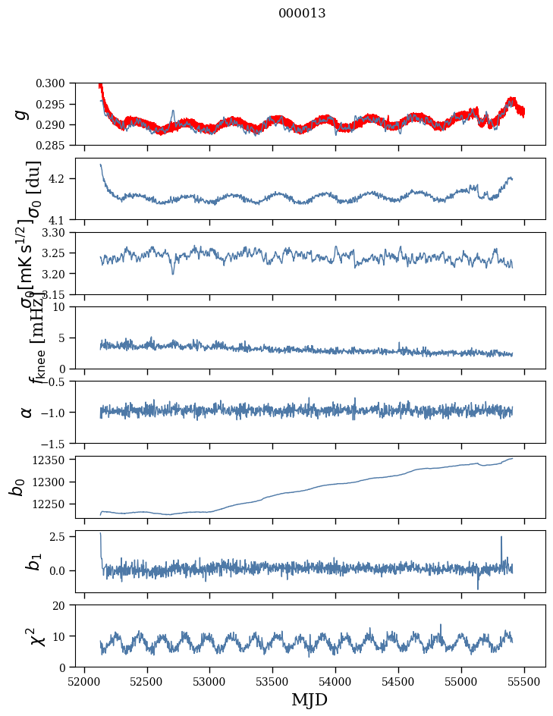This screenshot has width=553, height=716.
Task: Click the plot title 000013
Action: [302, 13]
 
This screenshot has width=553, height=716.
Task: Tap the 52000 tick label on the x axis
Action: [84, 682]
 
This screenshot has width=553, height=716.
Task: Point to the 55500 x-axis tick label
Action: [525, 682]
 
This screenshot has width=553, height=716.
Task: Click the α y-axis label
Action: [27, 412]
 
